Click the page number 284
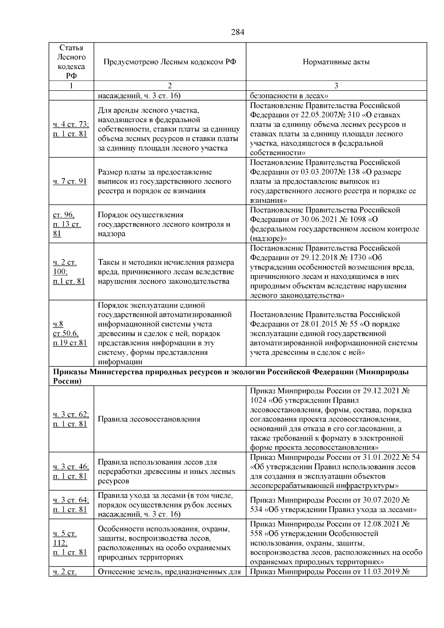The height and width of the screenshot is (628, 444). pos(238,32)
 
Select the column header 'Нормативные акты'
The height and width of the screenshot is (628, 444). pos(336,62)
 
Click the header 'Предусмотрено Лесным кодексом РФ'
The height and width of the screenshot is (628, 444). pos(170,62)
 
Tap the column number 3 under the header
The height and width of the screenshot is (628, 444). pos(336,86)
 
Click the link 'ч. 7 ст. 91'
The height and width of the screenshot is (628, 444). pos(70,181)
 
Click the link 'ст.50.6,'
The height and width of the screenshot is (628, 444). pos(65,333)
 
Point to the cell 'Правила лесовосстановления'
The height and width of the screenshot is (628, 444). pos(149,419)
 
